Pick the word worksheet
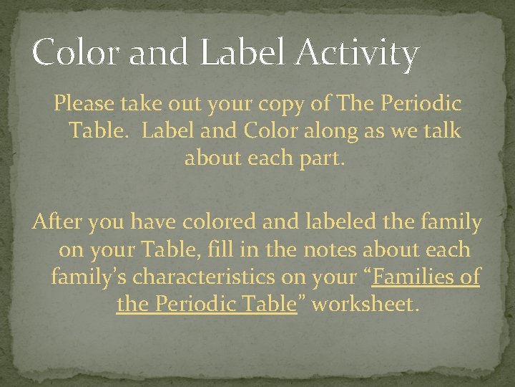click(x=363, y=303)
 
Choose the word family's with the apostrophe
click(x=91, y=277)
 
